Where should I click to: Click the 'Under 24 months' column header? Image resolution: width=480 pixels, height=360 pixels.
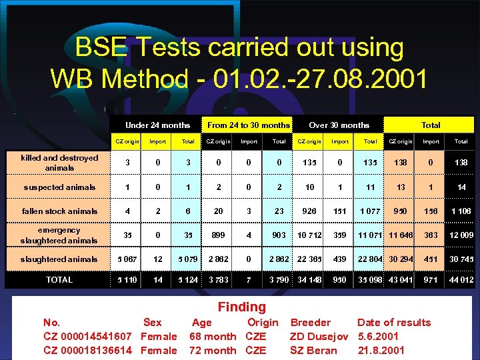pyautogui.click(x=157, y=125)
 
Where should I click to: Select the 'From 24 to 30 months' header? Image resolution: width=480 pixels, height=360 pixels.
pyautogui.click(x=249, y=125)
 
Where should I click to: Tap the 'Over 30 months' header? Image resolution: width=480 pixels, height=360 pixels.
pyautogui.click(x=339, y=125)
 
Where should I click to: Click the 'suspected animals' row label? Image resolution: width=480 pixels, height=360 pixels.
pyautogui.click(x=59, y=187)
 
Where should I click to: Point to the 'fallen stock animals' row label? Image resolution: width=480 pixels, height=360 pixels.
pyautogui.click(x=59, y=211)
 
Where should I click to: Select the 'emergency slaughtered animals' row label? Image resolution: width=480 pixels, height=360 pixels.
pyautogui.click(x=59, y=235)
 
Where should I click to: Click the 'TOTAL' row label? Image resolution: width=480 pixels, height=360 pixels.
pyautogui.click(x=59, y=280)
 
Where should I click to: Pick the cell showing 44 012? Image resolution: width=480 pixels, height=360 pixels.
pyautogui.click(x=461, y=280)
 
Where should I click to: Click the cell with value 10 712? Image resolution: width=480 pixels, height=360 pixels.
pyautogui.click(x=309, y=235)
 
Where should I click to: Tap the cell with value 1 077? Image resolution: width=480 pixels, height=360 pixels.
pyautogui.click(x=370, y=211)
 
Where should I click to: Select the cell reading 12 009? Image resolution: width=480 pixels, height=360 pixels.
pyautogui.click(x=461, y=235)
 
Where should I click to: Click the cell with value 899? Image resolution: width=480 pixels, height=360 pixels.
pyautogui.click(x=219, y=235)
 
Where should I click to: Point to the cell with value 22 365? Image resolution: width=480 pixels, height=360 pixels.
pyautogui.click(x=309, y=259)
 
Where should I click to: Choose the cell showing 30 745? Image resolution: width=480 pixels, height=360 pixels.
pyautogui.click(x=461, y=259)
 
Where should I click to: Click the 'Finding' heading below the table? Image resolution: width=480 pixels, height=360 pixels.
pyautogui.click(x=241, y=307)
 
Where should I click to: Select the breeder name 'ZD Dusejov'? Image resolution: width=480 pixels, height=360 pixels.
pyautogui.click(x=319, y=337)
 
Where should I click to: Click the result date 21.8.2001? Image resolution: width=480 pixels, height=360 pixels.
pyautogui.click(x=381, y=351)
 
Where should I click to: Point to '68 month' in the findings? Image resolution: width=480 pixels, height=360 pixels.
pyautogui.click(x=213, y=337)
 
